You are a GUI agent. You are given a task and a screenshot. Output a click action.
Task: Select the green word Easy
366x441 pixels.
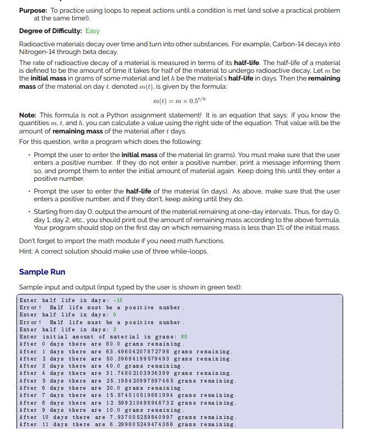[x=92, y=31]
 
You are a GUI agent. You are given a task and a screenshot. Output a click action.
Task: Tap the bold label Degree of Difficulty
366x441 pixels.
[x=51, y=31]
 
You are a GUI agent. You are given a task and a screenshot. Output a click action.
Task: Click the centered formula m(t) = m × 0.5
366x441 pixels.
[x=182, y=101]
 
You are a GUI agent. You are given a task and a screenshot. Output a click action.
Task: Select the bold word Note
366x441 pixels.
[x=28, y=115]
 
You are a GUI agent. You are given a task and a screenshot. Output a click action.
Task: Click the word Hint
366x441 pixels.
[x=26, y=251]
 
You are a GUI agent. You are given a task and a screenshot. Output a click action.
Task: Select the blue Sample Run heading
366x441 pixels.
[x=42, y=272]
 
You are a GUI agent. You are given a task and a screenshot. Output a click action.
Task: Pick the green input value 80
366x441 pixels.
[x=184, y=336]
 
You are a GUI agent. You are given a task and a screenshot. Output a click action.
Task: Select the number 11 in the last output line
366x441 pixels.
[x=46, y=424]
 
